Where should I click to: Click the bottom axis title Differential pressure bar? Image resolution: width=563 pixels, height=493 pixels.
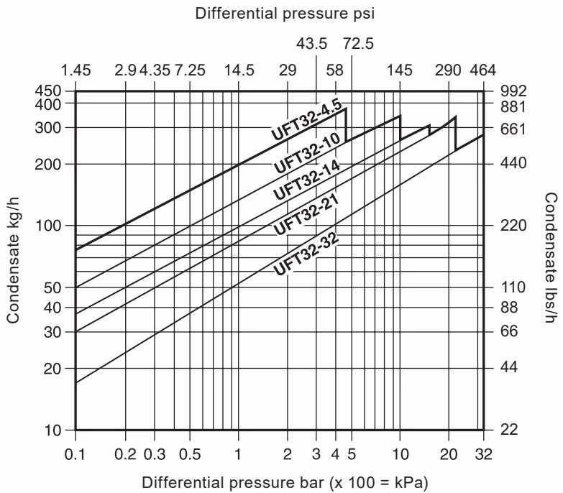coord(279,481)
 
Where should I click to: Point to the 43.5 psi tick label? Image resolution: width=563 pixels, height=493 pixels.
coord(316,44)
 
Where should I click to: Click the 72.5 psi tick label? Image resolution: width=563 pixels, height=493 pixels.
coord(358,44)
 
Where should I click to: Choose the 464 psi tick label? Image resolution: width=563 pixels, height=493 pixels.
coord(482,70)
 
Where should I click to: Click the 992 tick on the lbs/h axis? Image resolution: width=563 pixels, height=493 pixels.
coord(514,91)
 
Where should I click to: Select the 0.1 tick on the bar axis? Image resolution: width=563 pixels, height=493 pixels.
coord(75,453)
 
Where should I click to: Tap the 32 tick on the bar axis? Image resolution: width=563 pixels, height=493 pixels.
coord(482,453)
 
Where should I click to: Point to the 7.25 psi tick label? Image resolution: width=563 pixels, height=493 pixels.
coord(190,70)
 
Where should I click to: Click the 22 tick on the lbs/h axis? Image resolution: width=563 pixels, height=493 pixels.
coord(509,430)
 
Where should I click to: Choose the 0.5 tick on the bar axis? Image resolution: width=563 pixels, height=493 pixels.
coord(190,453)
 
